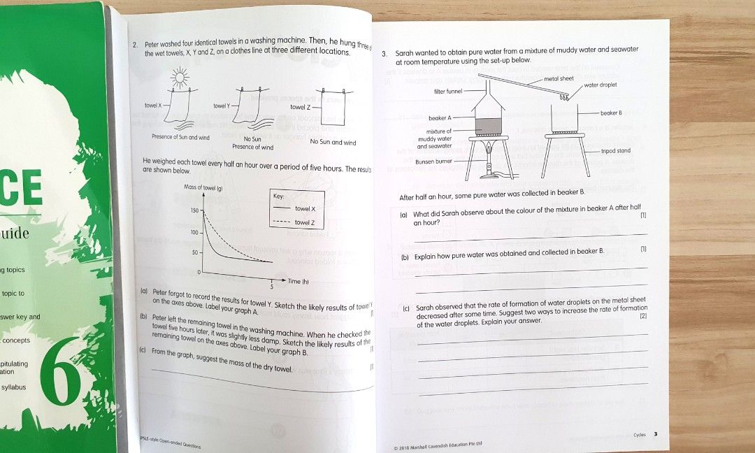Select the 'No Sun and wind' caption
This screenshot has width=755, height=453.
[x=333, y=143]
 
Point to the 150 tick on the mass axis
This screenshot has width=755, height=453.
[x=194, y=210]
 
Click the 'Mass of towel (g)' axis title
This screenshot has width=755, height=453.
[x=203, y=187]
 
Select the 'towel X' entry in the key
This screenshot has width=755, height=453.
[x=305, y=209]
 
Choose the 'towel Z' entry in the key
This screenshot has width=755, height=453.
[x=305, y=222]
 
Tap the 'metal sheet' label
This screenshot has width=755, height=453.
[x=559, y=78]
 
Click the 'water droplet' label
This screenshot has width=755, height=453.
[x=597, y=85]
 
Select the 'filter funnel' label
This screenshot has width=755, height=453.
[x=448, y=91]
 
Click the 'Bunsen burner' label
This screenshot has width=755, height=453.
[x=434, y=161]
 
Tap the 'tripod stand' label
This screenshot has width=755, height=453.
[x=615, y=151]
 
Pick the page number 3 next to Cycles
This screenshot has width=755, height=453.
[x=655, y=434]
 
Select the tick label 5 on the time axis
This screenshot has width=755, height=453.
[x=271, y=286]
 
